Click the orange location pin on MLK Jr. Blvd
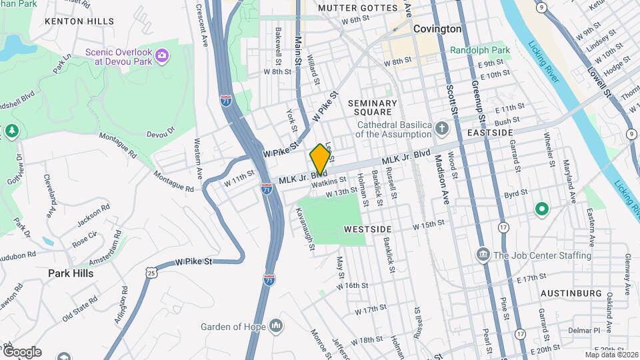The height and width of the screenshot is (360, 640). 320,159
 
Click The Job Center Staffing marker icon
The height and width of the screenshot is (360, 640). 483,255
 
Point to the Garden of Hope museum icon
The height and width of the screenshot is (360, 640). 276,326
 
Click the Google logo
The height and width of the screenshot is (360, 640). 21,352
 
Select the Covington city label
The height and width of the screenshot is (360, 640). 437,29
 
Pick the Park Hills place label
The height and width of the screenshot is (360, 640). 71,273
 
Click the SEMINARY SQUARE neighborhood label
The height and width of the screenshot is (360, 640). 373,109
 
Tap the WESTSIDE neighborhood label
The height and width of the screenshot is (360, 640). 367,229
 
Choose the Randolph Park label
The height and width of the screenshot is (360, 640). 479,50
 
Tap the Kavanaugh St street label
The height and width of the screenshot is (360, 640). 305,229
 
